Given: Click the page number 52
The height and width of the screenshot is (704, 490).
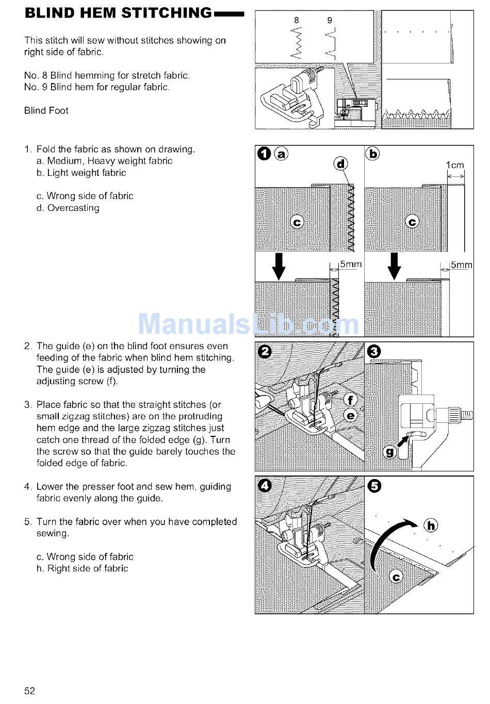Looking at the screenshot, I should [30, 691].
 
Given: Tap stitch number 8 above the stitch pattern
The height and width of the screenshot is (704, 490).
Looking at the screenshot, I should [296, 21].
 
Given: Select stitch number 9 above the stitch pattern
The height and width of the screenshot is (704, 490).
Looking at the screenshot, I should [330, 21].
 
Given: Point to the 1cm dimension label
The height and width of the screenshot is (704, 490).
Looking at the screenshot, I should [455, 166].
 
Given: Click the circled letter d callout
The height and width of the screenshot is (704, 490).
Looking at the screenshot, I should [341, 164].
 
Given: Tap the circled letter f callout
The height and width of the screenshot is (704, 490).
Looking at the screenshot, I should [350, 400].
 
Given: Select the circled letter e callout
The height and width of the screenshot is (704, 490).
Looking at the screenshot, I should [350, 415].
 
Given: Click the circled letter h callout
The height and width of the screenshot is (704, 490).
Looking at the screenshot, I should [431, 526].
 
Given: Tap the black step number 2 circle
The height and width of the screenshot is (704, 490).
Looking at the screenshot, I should [265, 352].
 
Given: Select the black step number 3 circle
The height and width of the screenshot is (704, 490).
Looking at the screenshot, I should [374, 352].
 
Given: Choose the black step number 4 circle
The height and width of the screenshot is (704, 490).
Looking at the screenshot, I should [265, 486].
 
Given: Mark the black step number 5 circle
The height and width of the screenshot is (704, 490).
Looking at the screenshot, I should [374, 486].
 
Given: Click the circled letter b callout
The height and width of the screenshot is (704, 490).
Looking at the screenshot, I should [372, 154].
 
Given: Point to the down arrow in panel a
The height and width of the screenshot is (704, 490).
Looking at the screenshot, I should [279, 266].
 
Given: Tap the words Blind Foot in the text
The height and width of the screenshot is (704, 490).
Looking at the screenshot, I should [46, 110].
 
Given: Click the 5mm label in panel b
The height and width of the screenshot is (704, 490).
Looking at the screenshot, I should [461, 265].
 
